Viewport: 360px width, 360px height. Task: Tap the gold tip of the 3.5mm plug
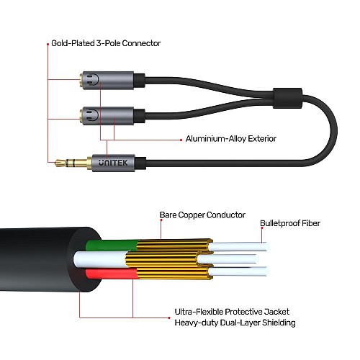[60, 164]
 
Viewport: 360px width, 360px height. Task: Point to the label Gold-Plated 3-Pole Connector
[106, 43]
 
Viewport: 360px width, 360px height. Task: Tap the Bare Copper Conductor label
[202, 215]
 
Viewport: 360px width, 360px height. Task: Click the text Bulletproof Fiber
[290, 224]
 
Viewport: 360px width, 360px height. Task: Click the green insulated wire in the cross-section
[108, 245]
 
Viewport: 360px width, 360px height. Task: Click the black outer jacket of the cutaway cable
[36, 259]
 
